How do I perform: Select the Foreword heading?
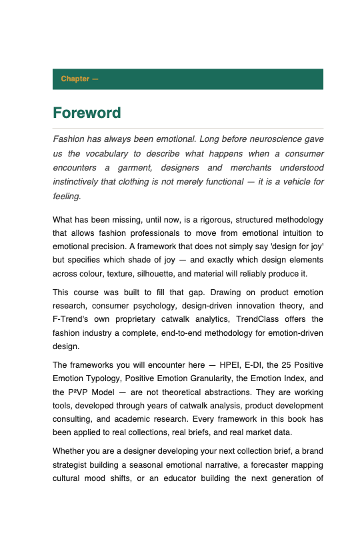tap(87, 113)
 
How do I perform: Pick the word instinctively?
tap(81, 182)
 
